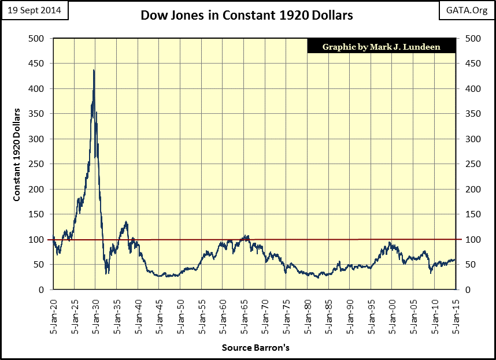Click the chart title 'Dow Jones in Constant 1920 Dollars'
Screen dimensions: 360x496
[247, 15]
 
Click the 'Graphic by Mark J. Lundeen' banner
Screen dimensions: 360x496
[381, 47]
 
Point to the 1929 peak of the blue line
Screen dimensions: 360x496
[94, 70]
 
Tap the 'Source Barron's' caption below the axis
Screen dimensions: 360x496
[255, 348]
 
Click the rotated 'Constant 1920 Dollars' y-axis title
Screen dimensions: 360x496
[17, 154]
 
